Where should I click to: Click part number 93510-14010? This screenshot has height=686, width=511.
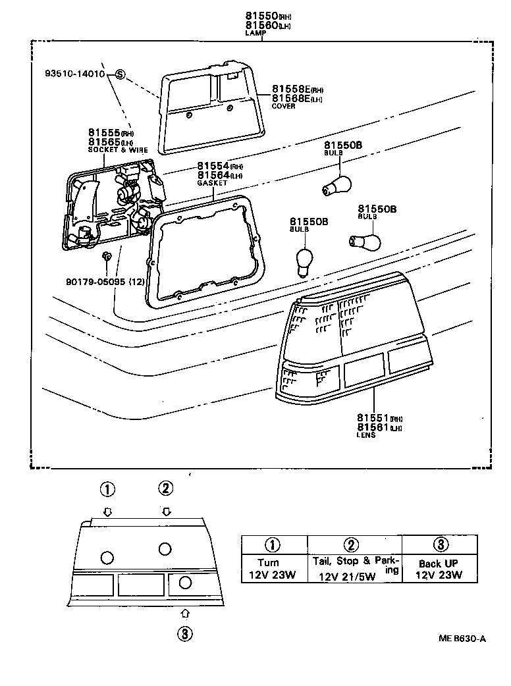[76, 74]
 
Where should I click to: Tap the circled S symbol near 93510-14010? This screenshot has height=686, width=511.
[120, 74]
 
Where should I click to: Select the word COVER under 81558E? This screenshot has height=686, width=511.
[284, 106]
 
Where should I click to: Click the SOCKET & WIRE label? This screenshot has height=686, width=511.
[118, 150]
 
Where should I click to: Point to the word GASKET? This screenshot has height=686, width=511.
[211, 184]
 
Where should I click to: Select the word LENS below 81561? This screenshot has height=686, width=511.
[366, 435]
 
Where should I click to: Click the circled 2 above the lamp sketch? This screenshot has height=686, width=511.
[165, 488]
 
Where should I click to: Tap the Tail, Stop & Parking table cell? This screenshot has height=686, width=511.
[354, 569]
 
